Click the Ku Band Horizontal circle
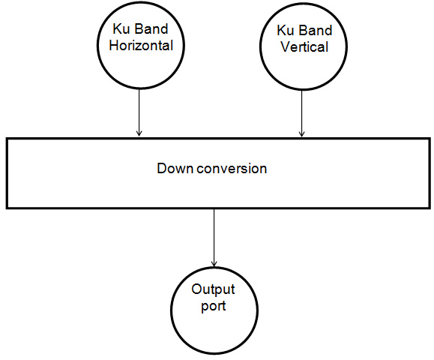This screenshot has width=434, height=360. (x=97, y=46)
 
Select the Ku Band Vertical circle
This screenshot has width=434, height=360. (x=260, y=47)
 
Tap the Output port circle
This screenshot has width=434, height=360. (x=171, y=310)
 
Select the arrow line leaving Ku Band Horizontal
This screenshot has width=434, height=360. (x=139, y=112)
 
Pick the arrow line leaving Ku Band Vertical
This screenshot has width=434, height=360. (x=301, y=113)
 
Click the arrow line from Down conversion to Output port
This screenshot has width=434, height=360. (x=214, y=238)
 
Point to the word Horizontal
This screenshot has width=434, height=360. (x=141, y=46)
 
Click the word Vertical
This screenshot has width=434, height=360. (x=304, y=46)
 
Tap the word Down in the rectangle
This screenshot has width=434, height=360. (x=175, y=168)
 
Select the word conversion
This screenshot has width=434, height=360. (x=232, y=169)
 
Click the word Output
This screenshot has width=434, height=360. (x=213, y=289)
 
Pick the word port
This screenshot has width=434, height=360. (x=214, y=306)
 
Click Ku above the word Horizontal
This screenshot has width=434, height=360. (x=121, y=28)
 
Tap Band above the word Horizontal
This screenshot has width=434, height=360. (x=151, y=28)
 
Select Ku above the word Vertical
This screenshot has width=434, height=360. (x=285, y=30)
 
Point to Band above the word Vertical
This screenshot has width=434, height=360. (x=315, y=30)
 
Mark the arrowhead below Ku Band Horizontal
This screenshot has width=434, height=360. (x=139, y=133)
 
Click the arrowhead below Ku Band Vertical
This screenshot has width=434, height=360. (x=301, y=134)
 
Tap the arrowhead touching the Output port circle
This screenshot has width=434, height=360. (x=214, y=264)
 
